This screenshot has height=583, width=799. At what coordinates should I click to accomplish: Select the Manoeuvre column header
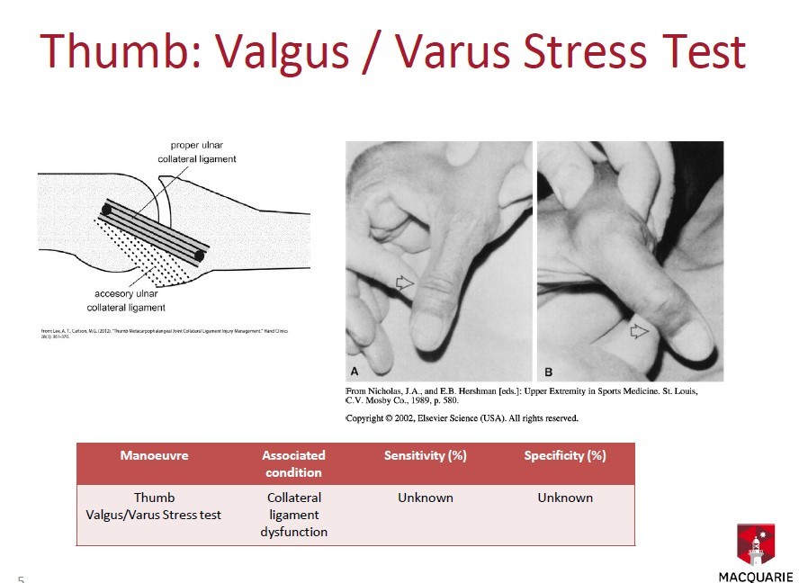click(154, 455)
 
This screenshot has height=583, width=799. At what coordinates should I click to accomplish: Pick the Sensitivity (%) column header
click(425, 455)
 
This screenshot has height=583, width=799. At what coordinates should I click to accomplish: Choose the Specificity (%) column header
click(565, 455)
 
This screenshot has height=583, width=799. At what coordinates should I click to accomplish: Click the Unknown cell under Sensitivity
click(425, 498)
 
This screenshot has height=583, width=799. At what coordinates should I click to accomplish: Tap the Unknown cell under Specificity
click(565, 498)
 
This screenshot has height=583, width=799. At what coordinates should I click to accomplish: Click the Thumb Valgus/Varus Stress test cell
click(154, 506)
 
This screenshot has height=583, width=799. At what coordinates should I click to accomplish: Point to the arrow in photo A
click(405, 283)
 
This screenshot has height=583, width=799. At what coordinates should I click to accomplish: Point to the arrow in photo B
click(639, 331)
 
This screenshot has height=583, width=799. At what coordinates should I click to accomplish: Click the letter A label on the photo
click(355, 371)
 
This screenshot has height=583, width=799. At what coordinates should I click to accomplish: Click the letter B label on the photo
click(549, 371)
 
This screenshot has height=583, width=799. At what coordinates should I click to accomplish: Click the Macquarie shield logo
click(756, 544)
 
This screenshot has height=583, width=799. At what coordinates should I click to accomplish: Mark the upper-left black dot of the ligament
click(106, 210)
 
